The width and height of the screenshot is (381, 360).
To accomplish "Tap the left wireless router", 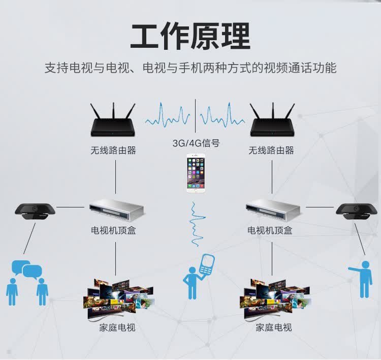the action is tap(113, 122).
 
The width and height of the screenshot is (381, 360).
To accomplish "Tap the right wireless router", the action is tap(272, 122).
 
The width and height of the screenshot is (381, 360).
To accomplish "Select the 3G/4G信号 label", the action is tap(196, 143).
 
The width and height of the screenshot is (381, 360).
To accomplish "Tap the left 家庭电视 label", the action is tap(117, 328).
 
